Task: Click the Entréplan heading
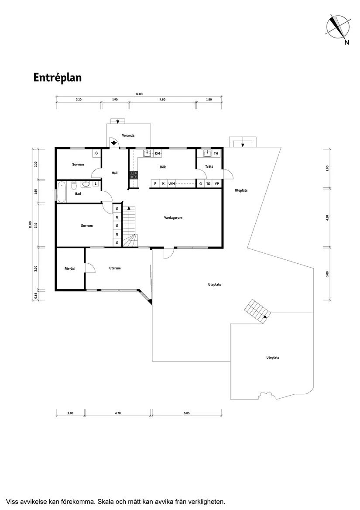click(58, 77)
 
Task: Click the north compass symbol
click(338, 28)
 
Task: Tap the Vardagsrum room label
click(173, 217)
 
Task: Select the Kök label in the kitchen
click(163, 167)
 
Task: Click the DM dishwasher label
click(158, 153)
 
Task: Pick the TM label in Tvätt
click(216, 153)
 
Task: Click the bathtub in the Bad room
click(62, 192)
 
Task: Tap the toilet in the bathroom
click(74, 184)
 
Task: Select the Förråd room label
click(69, 269)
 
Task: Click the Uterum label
click(115, 268)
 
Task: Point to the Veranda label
click(128, 135)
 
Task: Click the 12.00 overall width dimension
click(139, 94)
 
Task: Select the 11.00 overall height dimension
click(30, 225)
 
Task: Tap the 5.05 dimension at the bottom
click(186, 413)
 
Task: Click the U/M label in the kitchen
click(171, 184)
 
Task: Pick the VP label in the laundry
click(216, 184)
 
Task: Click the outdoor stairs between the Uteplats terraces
click(257, 311)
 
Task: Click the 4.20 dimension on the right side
click(327, 217)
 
